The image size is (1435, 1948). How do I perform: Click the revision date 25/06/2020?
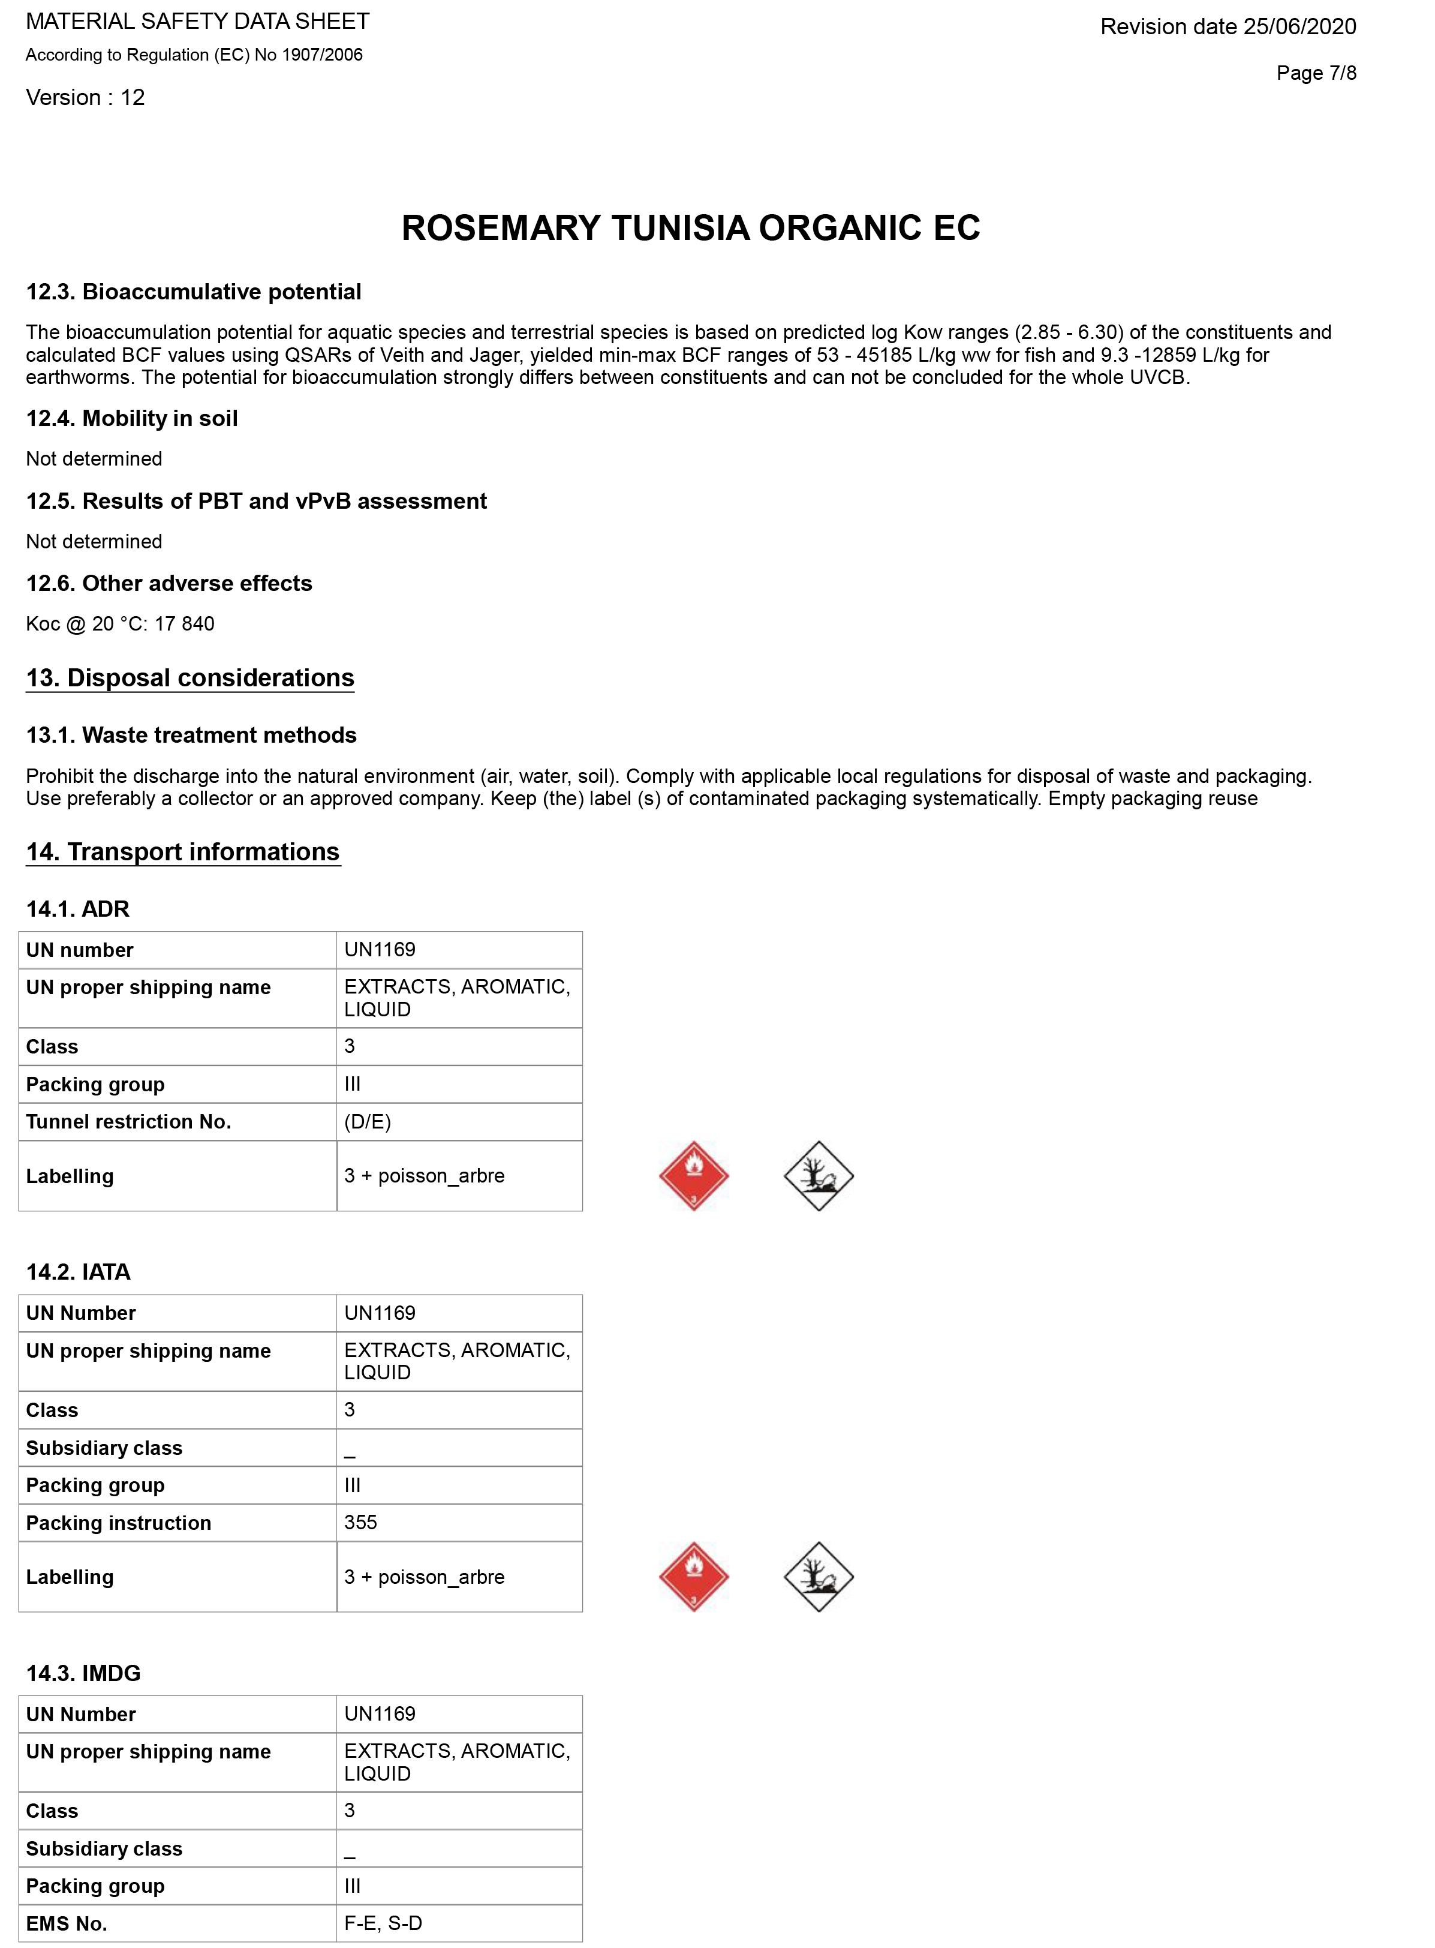tap(1228, 27)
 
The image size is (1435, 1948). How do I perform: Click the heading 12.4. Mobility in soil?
tap(132, 419)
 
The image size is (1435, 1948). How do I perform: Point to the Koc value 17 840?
tap(184, 624)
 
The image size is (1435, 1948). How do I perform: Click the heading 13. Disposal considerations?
tap(190, 678)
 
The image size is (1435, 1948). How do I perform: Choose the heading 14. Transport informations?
tap(182, 851)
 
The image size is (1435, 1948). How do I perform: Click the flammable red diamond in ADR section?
tap(693, 1175)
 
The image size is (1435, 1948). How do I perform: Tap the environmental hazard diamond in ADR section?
tap(819, 1175)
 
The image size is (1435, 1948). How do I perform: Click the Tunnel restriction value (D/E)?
tap(368, 1122)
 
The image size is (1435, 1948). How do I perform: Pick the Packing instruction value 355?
tap(360, 1522)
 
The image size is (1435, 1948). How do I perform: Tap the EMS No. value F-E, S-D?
tap(383, 1923)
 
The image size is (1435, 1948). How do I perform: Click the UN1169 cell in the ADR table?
tap(380, 950)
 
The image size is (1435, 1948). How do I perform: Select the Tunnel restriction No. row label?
tap(128, 1122)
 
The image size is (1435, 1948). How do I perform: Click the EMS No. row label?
tap(67, 1923)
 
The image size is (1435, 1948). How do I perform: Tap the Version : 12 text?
tap(85, 97)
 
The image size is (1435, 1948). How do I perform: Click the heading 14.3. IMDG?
tap(83, 1673)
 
